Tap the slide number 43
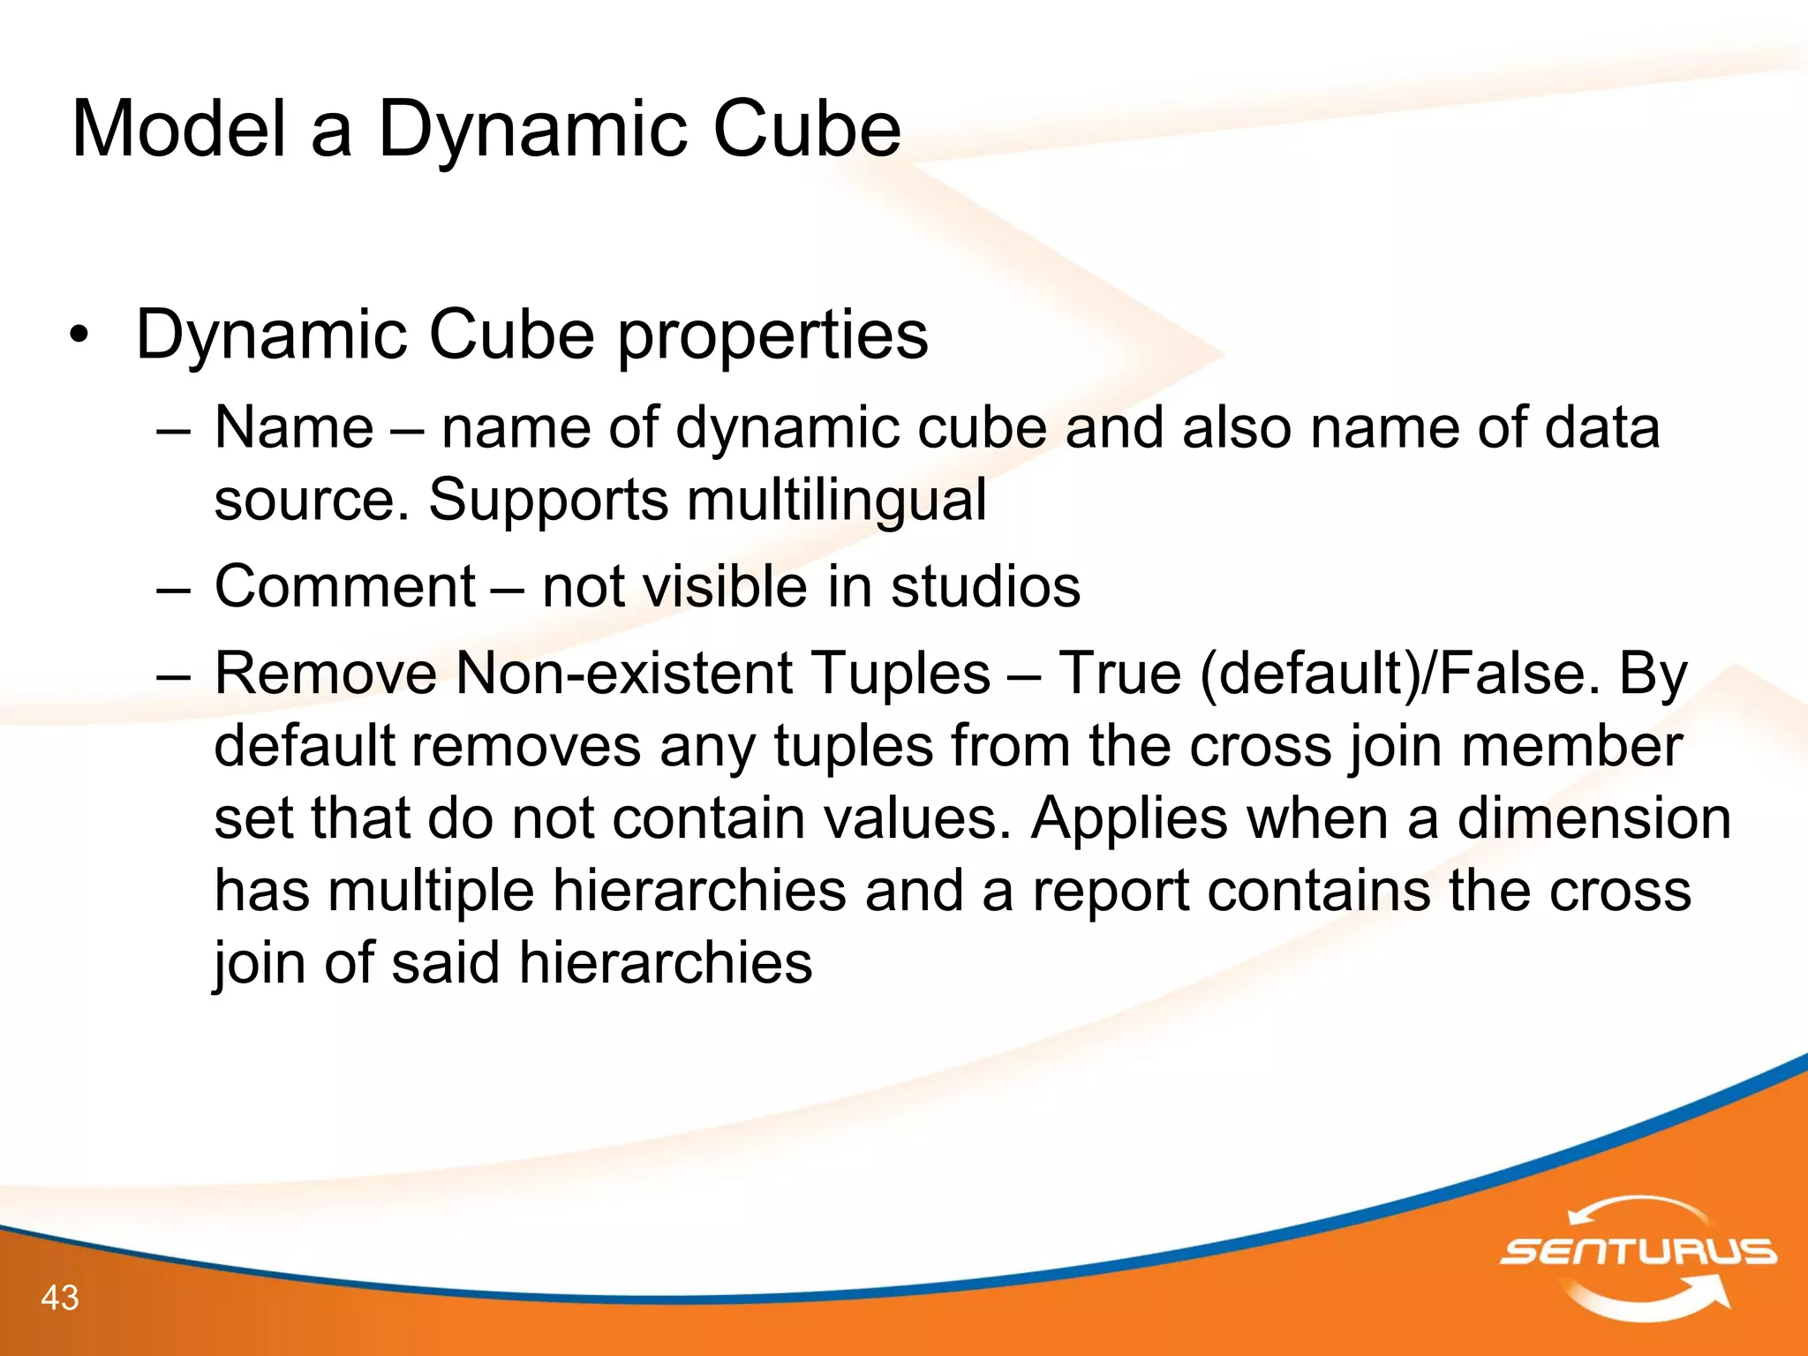tap(60, 1298)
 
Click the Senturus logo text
tap(1638, 1252)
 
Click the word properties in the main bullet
tap(772, 336)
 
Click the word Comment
tap(344, 587)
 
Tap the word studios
tap(985, 587)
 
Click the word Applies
tap(1129, 818)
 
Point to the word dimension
tap(1593, 818)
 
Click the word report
tap(1111, 891)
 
